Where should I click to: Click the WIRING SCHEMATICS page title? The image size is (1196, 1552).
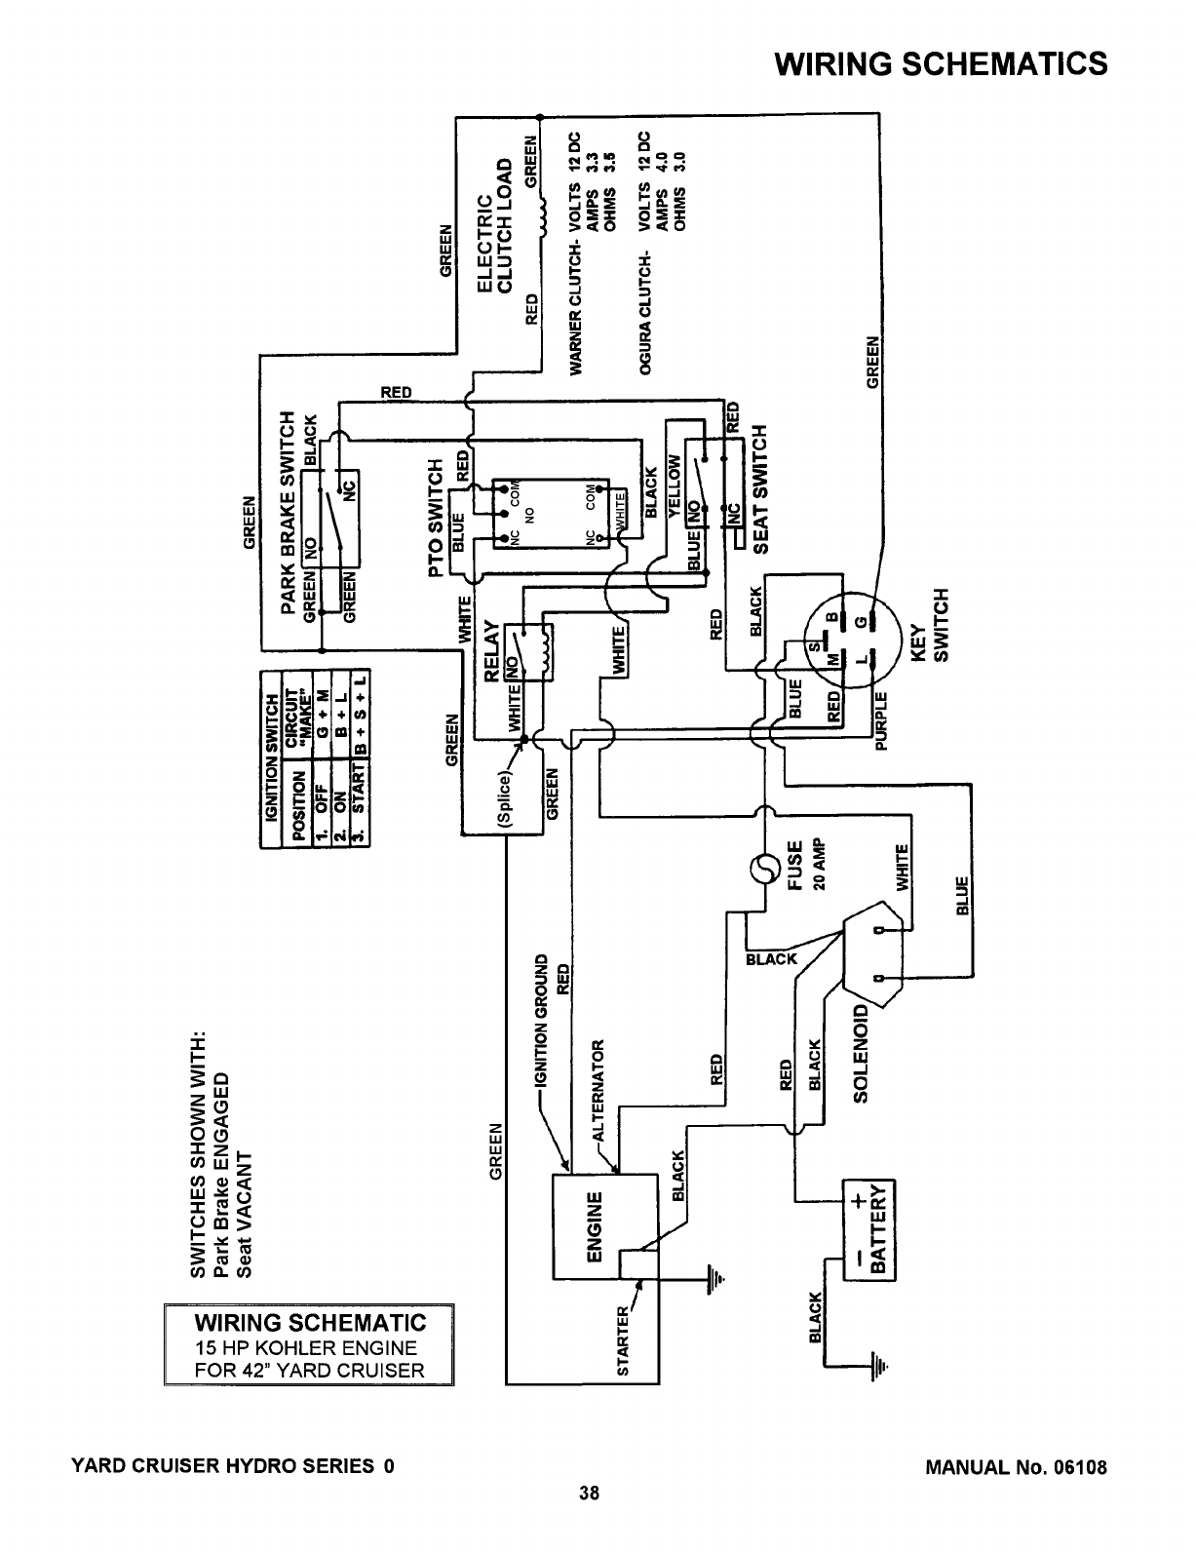940,63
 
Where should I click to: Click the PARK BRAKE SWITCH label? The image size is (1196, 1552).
289,513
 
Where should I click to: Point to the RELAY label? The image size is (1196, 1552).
492,648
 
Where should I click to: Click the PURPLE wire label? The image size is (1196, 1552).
882,720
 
